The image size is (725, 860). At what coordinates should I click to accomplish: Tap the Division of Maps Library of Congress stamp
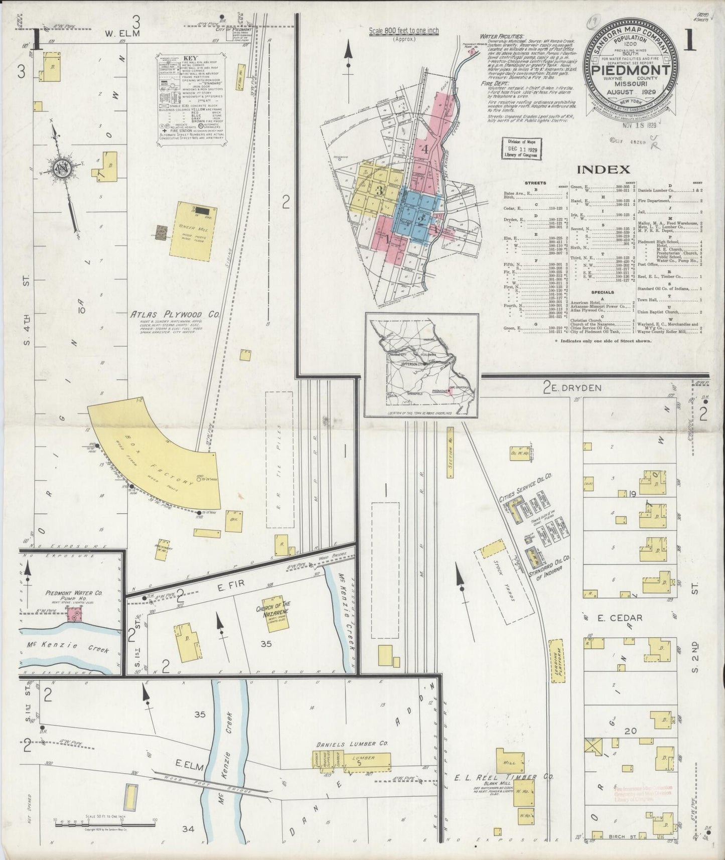point(520,149)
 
